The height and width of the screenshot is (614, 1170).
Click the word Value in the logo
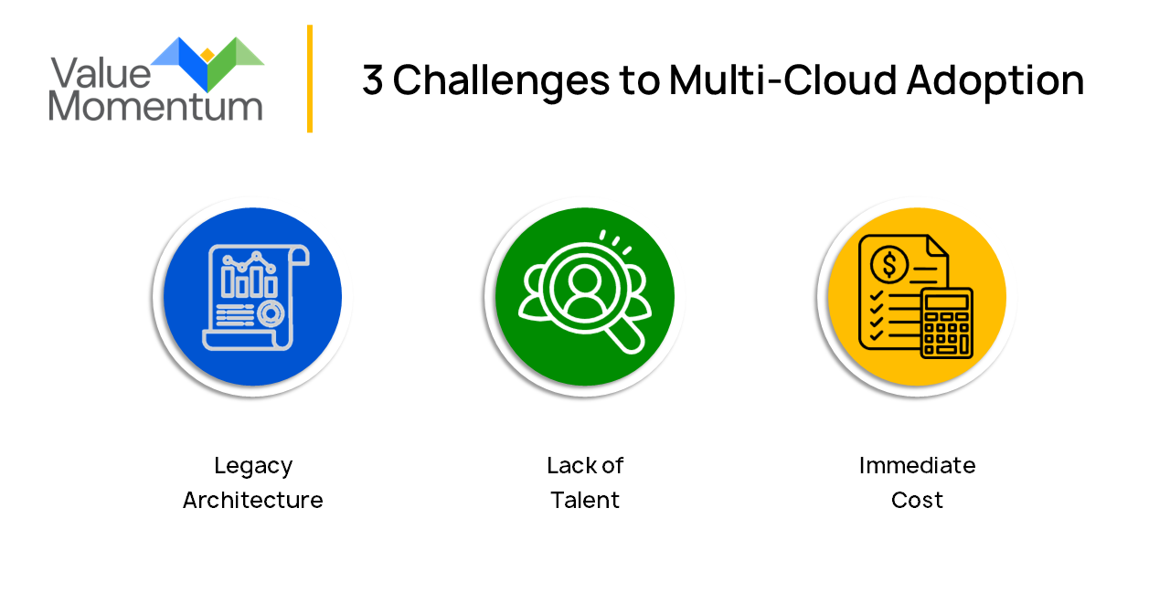(101, 73)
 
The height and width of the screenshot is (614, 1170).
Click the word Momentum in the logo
(155, 106)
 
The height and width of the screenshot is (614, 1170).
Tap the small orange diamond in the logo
(207, 55)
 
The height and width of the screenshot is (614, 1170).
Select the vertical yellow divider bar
(310, 79)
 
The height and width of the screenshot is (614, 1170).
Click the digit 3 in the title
(372, 79)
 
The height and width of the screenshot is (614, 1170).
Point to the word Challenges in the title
(501, 81)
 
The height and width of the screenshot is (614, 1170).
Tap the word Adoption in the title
(995, 81)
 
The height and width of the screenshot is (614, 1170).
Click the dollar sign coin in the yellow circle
(889, 264)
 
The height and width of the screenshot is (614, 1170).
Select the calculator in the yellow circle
(946, 323)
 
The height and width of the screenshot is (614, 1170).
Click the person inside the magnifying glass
(584, 291)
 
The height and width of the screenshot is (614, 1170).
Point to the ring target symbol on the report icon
(271, 313)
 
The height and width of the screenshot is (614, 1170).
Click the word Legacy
(253, 466)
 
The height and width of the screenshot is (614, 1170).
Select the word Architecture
(253, 500)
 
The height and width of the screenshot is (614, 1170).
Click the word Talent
(584, 500)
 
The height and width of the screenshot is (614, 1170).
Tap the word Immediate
(917, 465)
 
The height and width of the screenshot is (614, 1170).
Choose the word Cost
(917, 500)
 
